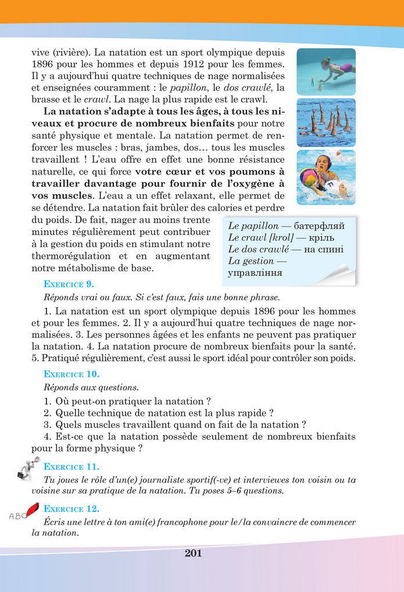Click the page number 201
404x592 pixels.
point(193,553)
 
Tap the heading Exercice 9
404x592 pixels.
point(69,284)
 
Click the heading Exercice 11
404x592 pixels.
point(71,466)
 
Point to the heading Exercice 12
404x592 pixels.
point(71,508)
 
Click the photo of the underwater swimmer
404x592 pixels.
point(326,72)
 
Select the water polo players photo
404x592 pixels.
point(326,177)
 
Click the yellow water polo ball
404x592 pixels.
point(308,177)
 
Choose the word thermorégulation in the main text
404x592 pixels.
point(71,256)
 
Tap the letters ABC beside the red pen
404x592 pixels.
point(17,515)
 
